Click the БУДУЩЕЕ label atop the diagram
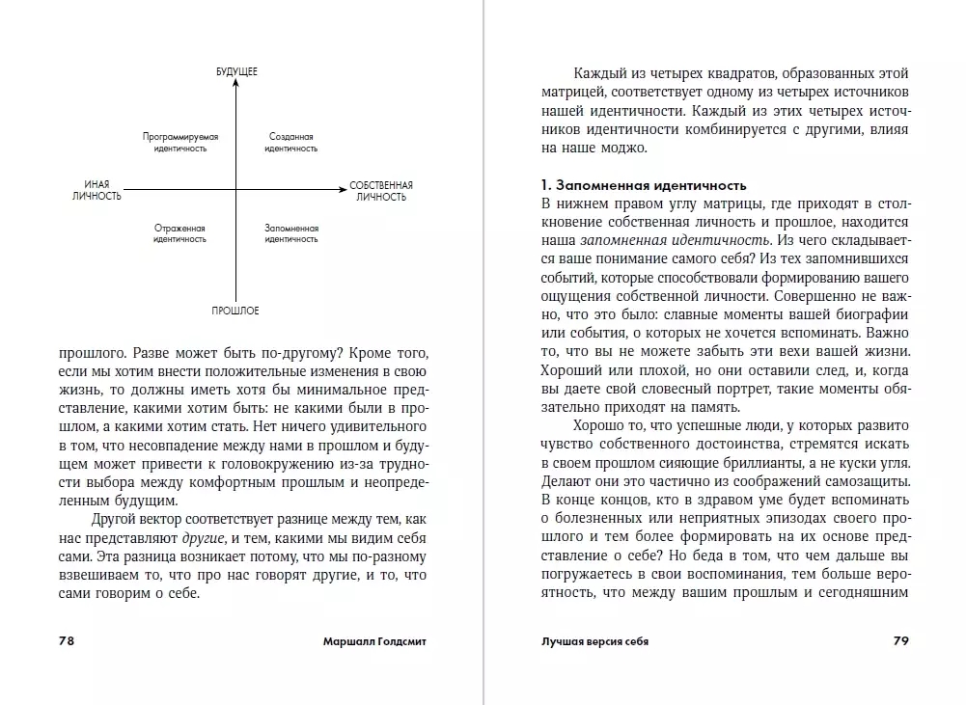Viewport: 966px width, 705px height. pyautogui.click(x=236, y=72)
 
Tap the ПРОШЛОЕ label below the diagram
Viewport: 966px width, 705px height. pyautogui.click(x=236, y=311)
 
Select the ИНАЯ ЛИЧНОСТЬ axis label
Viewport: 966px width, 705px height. pyautogui.click(x=97, y=190)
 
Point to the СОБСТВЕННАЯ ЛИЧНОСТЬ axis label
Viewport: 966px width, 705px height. pyautogui.click(x=381, y=190)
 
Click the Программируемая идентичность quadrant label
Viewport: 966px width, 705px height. pyautogui.click(x=180, y=143)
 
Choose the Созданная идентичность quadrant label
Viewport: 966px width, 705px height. pyautogui.click(x=291, y=143)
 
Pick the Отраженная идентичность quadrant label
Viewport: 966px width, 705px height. pyautogui.click(x=180, y=233)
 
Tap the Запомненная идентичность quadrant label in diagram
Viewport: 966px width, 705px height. pyautogui.click(x=291, y=233)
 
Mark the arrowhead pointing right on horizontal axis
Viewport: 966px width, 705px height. pyautogui.click(x=341, y=190)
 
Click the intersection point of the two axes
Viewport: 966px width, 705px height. pyautogui.click(x=236, y=190)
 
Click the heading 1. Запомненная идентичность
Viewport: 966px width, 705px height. pyautogui.click(x=645, y=184)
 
